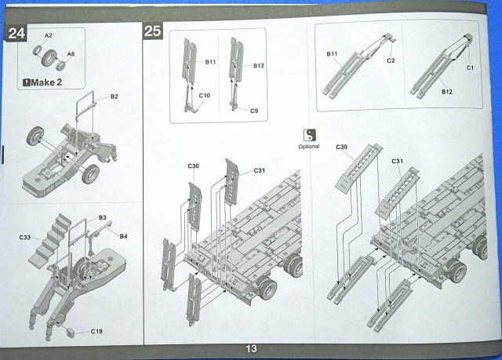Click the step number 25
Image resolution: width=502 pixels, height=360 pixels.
click(153, 31)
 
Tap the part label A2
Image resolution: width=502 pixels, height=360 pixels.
click(48, 36)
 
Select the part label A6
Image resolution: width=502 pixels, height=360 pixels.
click(71, 53)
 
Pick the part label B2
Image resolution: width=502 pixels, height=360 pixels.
click(114, 96)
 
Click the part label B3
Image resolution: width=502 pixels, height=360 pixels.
click(102, 217)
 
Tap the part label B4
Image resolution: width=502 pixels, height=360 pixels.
click(124, 235)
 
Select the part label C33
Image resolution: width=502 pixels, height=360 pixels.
click(25, 236)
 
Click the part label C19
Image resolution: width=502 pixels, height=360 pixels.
click(96, 332)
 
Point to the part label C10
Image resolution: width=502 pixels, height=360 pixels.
click(204, 96)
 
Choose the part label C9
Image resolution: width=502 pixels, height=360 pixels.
click(254, 111)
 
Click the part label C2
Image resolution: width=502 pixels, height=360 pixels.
click(390, 60)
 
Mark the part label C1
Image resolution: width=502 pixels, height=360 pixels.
click(471, 68)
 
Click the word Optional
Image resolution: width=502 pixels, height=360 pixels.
click(309, 146)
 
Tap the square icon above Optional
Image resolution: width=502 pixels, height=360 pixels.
click(309, 134)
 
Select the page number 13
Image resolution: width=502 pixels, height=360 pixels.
click(251, 349)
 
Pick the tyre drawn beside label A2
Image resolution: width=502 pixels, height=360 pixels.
click(50, 57)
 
